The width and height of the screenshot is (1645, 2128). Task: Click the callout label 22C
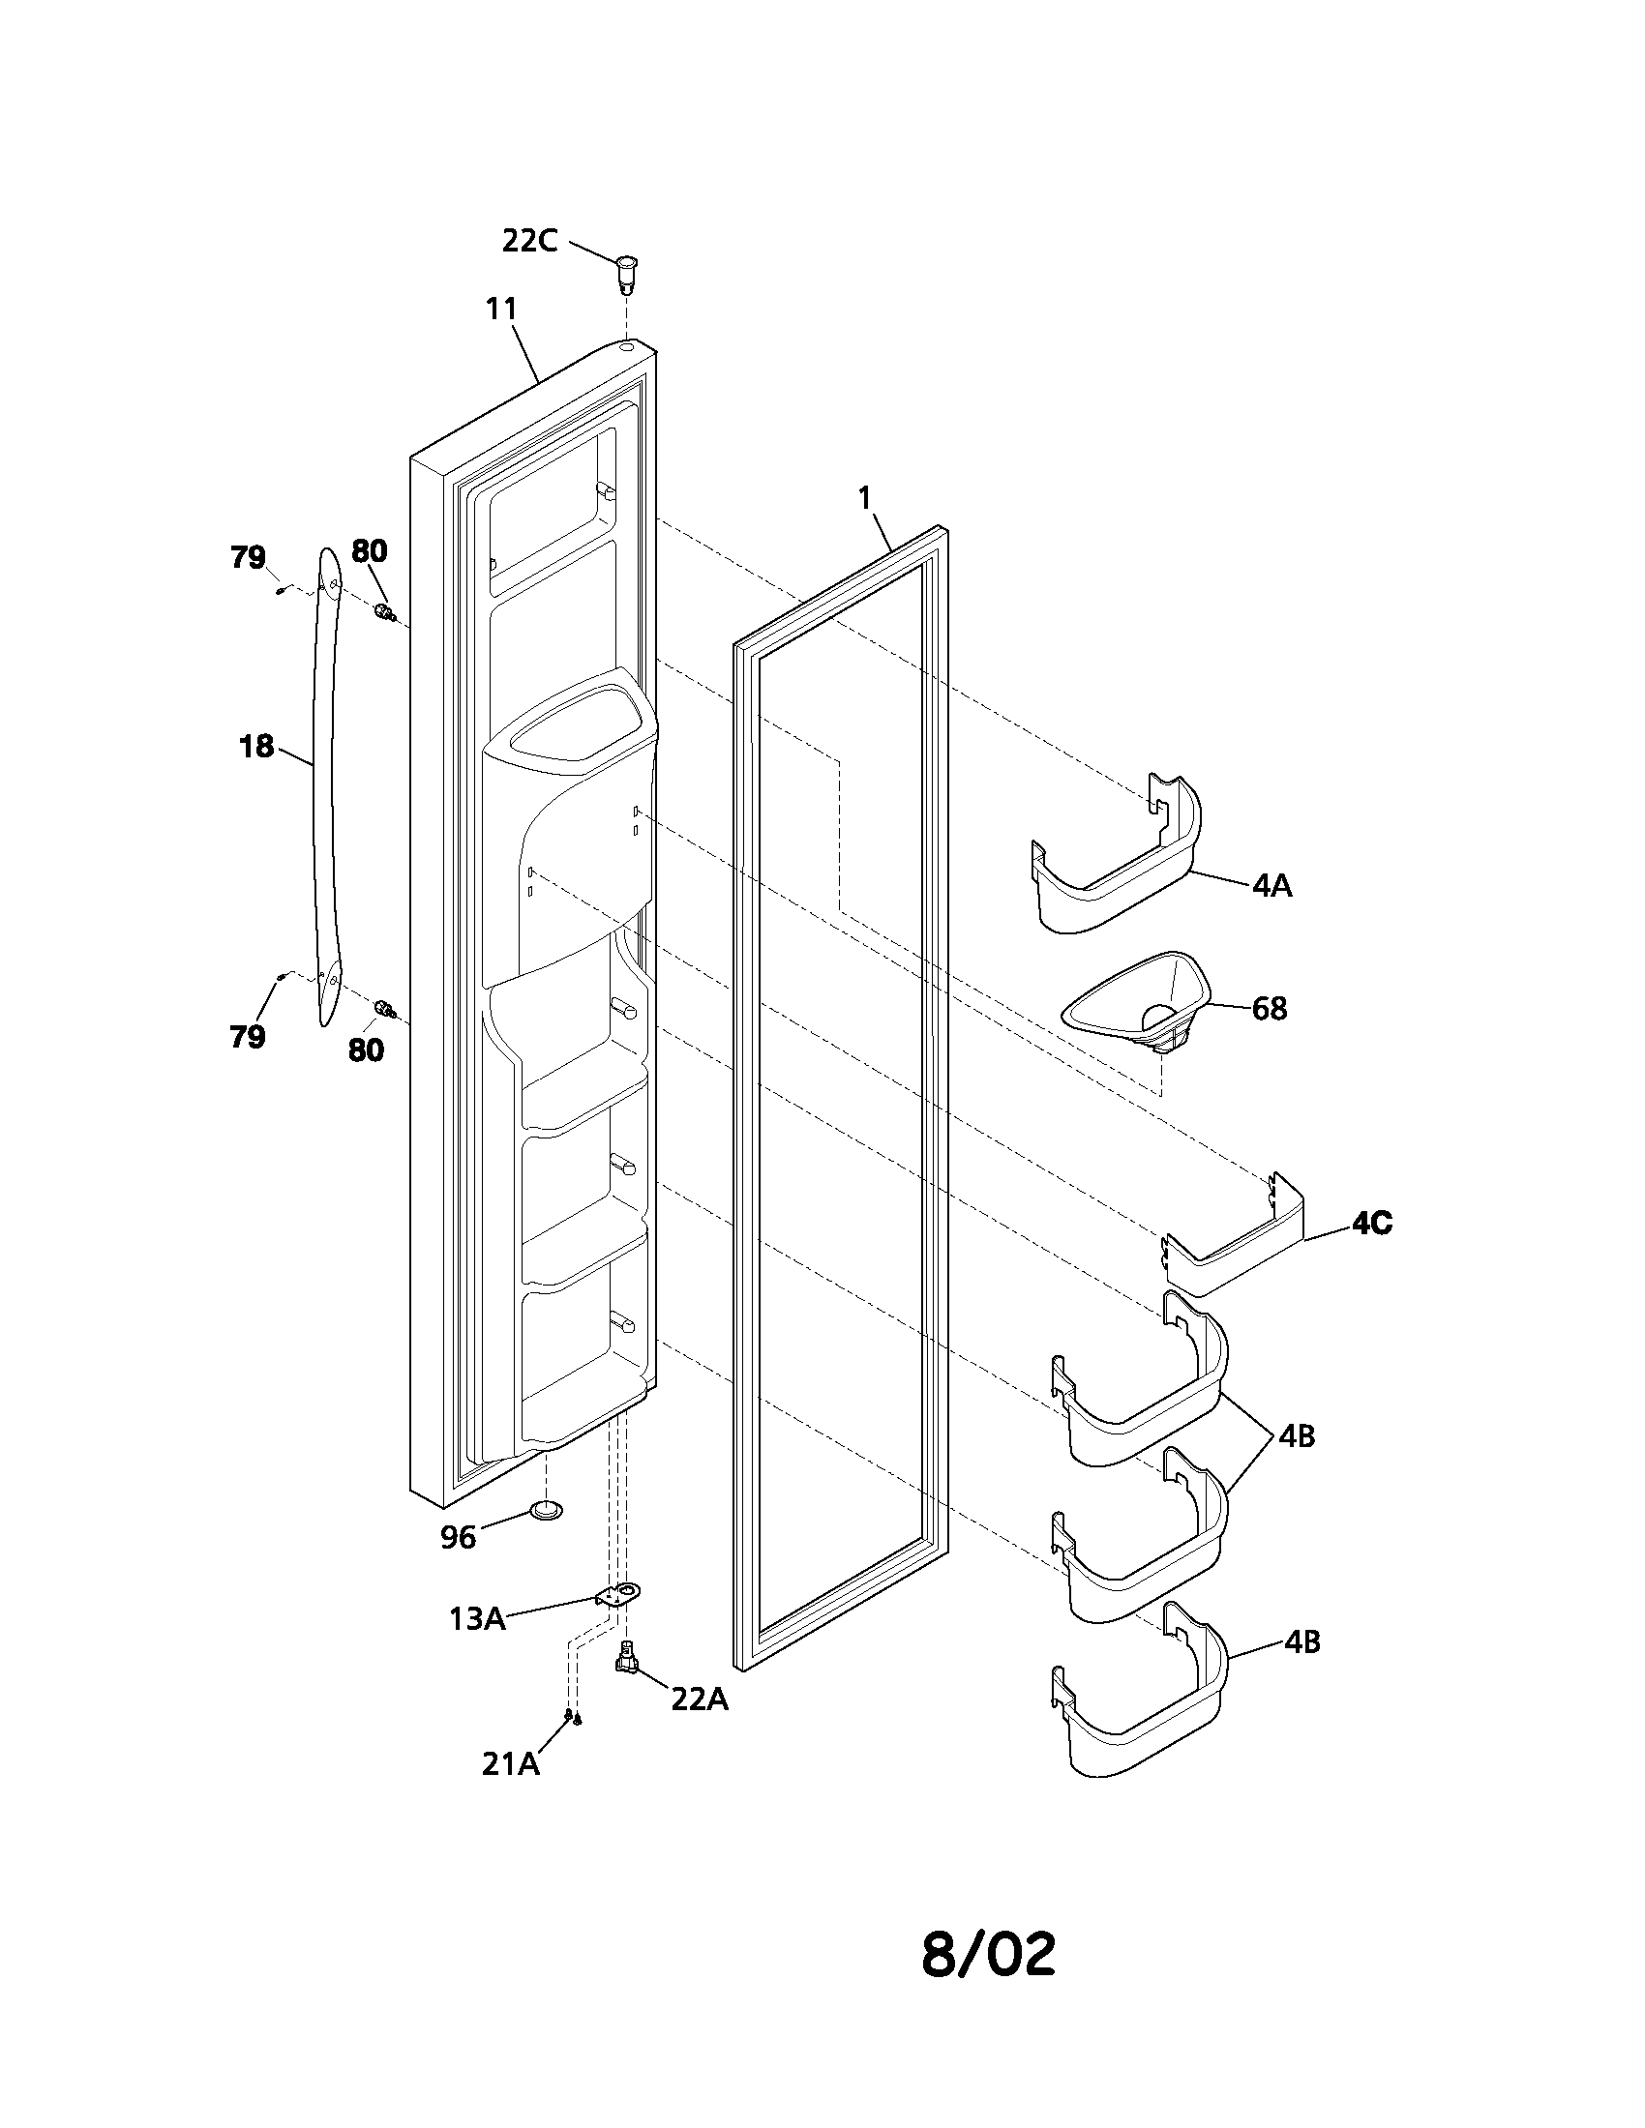pyautogui.click(x=529, y=241)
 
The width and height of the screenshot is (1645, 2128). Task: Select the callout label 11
pyautogui.click(x=501, y=309)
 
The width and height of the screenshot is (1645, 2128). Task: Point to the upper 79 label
pyautogui.click(x=248, y=557)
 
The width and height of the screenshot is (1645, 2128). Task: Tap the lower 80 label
pyautogui.click(x=366, y=1050)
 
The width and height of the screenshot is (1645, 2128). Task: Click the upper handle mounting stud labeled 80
pyautogui.click(x=385, y=613)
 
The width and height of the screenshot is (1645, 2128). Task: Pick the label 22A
pyautogui.click(x=699, y=1699)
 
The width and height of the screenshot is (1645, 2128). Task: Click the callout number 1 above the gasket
pyautogui.click(x=863, y=498)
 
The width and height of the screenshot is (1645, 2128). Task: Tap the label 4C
pyautogui.click(x=1371, y=1224)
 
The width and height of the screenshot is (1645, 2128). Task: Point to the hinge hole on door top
pyautogui.click(x=626, y=345)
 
